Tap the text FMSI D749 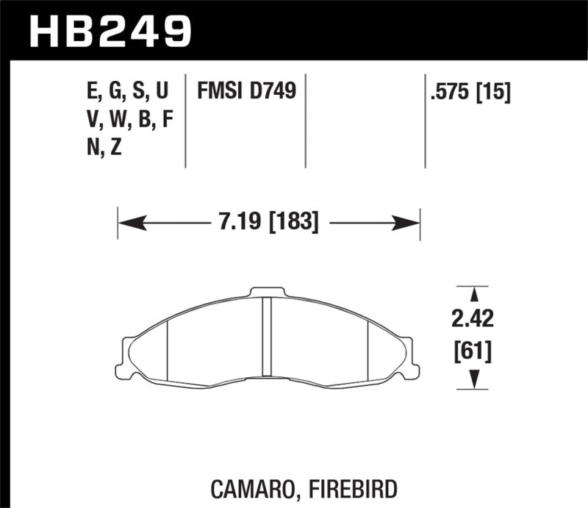[246, 91]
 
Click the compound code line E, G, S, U [127, 91]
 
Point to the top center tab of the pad [268, 293]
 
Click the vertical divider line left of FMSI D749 [184, 120]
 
